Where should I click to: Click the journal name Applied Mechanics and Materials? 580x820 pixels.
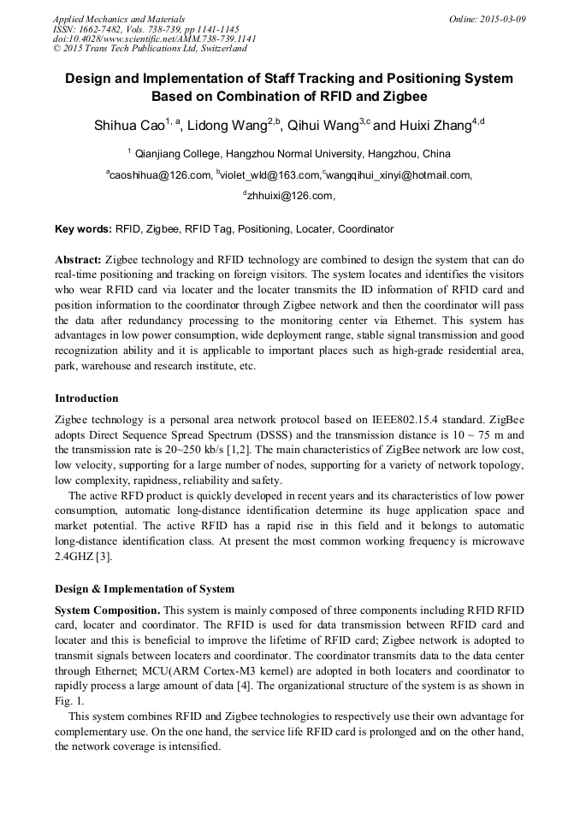point(119,18)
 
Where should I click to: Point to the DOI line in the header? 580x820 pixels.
point(154,38)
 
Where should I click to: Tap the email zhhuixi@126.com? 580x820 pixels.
point(289,197)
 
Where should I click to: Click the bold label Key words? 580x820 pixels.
point(83,229)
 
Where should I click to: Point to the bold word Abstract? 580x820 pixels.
point(79,259)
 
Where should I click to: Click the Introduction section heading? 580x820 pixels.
point(86,398)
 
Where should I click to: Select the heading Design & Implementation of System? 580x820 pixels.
point(145,588)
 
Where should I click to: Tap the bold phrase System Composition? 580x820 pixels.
point(107,610)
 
